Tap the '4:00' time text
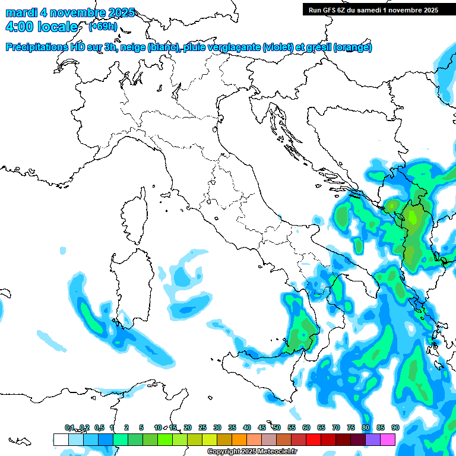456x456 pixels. coord(20,27)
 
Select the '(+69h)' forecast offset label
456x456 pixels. coord(102,27)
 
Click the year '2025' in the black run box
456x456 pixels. coord(426,9)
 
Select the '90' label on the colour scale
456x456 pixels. coord(395,427)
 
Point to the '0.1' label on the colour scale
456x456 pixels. coord(69,427)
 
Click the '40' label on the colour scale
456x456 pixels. coord(246,427)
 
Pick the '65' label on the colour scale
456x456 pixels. coord(321,427)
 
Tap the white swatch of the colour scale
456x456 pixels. coord(61,439)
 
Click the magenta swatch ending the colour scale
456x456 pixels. coord(388,439)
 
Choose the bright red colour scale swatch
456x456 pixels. coord(313,439)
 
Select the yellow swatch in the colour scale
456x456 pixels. coord(209,439)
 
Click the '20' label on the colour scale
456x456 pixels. coord(187,427)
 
